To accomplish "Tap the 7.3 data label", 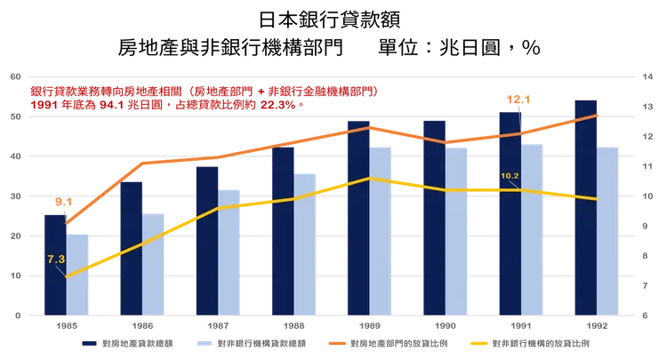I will [56, 259].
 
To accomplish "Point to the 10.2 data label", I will [510, 175].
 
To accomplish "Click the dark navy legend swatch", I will [88, 341].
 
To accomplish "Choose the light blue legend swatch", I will [203, 341].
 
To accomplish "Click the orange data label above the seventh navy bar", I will [518, 99].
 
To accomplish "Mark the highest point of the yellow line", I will [370, 178].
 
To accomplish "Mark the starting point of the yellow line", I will [66, 276].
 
